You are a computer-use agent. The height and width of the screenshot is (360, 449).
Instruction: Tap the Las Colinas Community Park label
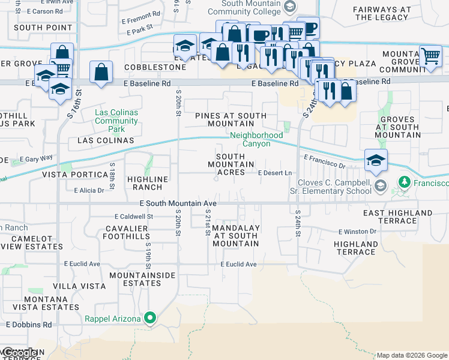(x=117, y=121)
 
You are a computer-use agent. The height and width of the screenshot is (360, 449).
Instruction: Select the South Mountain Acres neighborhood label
(x=226, y=164)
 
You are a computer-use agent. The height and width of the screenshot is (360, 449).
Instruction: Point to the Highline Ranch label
(x=148, y=183)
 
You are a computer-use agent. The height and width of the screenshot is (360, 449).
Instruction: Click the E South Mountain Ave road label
(x=178, y=204)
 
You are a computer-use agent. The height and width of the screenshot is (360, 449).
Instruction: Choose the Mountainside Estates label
(x=143, y=279)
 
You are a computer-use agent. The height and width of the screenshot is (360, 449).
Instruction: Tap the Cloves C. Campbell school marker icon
(x=379, y=186)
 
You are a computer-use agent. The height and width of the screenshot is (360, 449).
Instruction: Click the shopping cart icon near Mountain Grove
(x=430, y=56)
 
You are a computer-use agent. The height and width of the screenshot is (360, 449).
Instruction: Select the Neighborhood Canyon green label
(x=256, y=139)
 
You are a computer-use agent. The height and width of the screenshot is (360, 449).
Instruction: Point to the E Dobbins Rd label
(x=29, y=325)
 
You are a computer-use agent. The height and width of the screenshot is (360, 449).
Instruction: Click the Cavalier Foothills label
(x=127, y=232)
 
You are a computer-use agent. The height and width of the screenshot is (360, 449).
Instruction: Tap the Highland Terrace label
(x=356, y=248)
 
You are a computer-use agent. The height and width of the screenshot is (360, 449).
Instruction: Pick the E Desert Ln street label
(x=274, y=173)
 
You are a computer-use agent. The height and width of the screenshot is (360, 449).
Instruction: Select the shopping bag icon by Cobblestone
(x=101, y=72)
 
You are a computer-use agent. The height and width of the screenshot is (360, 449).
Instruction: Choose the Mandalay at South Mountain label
(x=236, y=236)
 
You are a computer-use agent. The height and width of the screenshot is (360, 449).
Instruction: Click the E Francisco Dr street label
(x=325, y=161)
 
